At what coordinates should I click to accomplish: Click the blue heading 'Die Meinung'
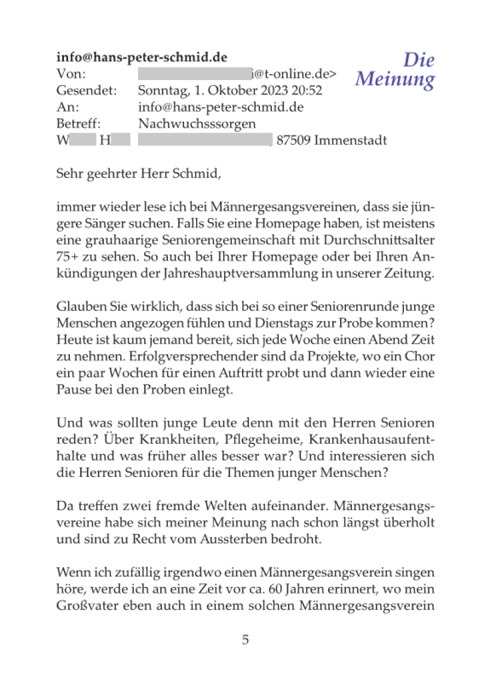(395, 69)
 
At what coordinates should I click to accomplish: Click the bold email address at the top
(142, 57)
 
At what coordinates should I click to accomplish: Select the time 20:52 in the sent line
(306, 91)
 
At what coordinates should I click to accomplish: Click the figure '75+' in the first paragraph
(69, 258)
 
